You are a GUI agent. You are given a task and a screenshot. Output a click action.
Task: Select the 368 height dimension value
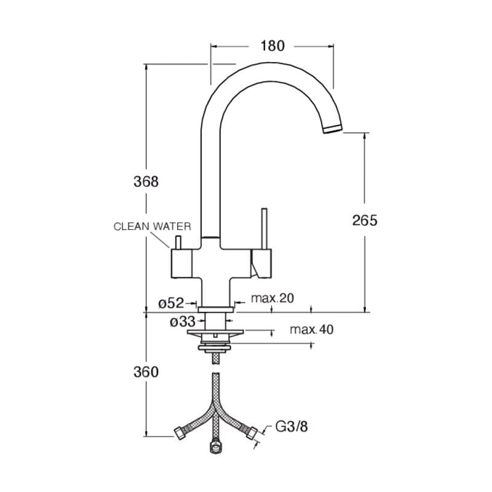click(x=146, y=181)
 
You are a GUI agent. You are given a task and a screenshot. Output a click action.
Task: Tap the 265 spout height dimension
click(x=364, y=220)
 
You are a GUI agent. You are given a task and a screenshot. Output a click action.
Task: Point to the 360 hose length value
click(x=146, y=371)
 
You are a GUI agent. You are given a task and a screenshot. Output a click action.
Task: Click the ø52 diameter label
click(x=171, y=303)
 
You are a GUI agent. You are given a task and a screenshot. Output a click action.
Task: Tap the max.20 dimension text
click(x=272, y=298)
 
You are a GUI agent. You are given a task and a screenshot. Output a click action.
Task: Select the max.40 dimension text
click(x=312, y=330)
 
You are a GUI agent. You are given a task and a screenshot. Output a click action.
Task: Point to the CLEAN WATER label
click(x=153, y=226)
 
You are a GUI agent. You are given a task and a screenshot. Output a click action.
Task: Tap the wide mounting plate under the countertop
click(x=215, y=333)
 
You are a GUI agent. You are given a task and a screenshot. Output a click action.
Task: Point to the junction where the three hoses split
click(x=215, y=410)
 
